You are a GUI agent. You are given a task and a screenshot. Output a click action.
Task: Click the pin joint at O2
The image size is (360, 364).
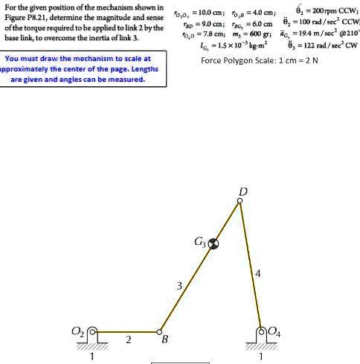click(92, 332)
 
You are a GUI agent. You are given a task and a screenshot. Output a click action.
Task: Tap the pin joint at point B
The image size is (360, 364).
click(160, 332)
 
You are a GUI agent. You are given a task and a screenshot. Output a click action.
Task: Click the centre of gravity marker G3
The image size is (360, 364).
click(213, 243)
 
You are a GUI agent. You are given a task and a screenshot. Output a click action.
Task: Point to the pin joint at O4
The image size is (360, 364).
click(261, 332)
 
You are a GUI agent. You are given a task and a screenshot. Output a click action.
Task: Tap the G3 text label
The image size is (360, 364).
click(199, 242)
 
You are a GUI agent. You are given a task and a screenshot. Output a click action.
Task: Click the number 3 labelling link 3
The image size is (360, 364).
click(179, 285)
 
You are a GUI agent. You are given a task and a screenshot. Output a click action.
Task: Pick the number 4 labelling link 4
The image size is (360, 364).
click(257, 275)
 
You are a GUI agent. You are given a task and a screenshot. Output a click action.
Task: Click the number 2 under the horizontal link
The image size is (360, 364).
click(128, 340)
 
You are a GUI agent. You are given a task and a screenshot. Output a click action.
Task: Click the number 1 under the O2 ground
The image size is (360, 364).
click(91, 356)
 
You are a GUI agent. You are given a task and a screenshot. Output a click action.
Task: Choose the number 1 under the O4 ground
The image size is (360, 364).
click(261, 356)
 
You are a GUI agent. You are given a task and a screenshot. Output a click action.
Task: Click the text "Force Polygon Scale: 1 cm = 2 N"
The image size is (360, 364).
click(260, 60)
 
